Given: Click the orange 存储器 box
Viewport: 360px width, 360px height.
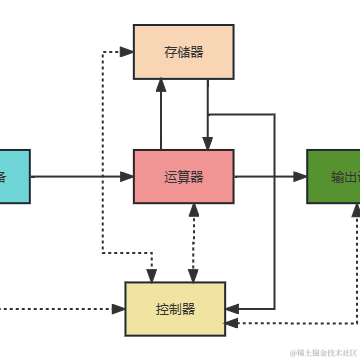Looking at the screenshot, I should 183,52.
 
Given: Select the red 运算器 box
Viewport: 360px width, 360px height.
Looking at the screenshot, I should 183,177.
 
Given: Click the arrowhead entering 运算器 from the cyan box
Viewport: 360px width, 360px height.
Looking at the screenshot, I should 128,177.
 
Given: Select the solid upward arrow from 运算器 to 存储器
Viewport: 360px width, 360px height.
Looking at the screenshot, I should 160,114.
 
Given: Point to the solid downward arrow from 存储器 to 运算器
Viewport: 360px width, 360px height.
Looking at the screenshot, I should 207,114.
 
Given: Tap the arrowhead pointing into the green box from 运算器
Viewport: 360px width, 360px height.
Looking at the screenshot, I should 301,177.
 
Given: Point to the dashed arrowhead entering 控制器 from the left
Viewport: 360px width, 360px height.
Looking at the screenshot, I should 119,309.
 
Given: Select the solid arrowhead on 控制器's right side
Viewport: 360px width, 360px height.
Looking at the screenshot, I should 231,307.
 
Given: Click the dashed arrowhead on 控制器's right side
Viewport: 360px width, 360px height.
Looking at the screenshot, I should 231,323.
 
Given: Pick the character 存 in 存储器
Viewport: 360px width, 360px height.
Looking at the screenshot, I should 170,52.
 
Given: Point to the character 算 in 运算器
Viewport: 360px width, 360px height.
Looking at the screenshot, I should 183,177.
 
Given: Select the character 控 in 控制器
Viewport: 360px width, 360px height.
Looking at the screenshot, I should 162,309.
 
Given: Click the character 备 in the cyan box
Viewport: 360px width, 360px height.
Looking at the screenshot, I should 3,177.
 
